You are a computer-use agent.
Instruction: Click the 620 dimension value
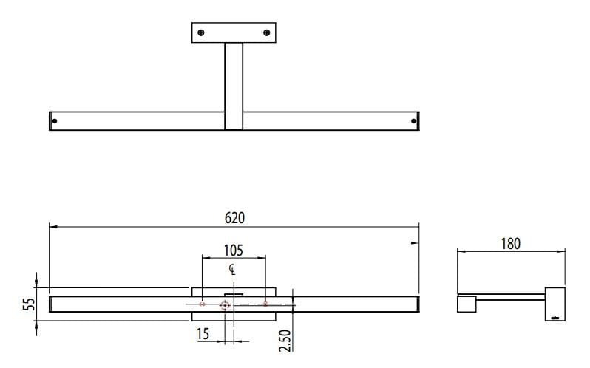tap(234, 218)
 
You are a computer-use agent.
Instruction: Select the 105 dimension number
tap(233, 250)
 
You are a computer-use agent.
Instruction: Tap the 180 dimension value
tap(511, 243)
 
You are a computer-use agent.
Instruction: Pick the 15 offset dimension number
tap(203, 335)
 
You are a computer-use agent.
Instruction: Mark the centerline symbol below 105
tap(232, 269)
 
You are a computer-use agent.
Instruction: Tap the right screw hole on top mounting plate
tap(267, 32)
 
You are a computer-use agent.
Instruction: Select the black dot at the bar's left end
tap(55, 120)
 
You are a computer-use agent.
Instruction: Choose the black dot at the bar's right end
tap(413, 120)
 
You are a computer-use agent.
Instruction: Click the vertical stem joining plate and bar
tap(234, 85)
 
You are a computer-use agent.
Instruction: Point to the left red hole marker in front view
tap(202, 304)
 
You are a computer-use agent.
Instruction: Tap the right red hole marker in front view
tap(265, 304)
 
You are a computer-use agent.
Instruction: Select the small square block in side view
tap(467, 304)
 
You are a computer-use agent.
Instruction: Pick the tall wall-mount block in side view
tap(555, 304)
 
